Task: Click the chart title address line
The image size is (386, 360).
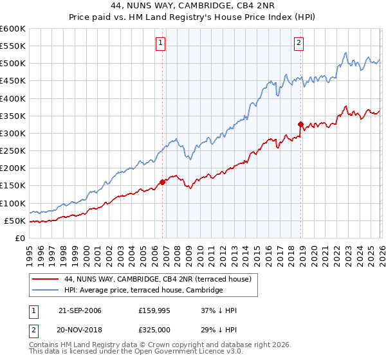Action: [192, 6]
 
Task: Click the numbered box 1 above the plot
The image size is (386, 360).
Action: [160, 44]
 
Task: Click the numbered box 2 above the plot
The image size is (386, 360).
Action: [299, 44]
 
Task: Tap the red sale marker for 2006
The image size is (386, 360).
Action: [162, 182]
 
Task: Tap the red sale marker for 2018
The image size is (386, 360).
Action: [300, 124]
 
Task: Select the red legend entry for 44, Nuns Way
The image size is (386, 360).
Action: [161, 279]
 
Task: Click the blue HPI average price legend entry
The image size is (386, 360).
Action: [143, 291]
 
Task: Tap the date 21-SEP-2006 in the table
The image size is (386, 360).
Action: [80, 310]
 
